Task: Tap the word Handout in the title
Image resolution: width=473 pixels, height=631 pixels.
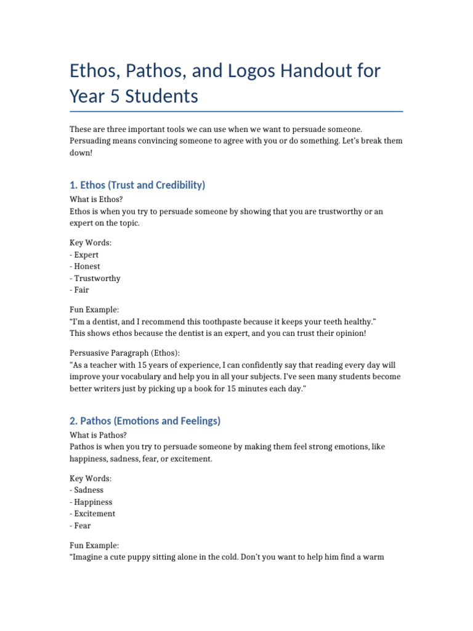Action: click(x=329, y=71)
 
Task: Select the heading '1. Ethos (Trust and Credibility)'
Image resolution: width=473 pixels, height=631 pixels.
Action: click(x=137, y=185)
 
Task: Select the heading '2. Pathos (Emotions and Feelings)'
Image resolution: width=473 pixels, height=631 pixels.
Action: click(x=145, y=421)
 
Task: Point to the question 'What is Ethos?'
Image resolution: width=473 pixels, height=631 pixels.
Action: click(x=96, y=200)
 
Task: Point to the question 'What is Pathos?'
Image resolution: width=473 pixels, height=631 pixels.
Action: click(x=99, y=435)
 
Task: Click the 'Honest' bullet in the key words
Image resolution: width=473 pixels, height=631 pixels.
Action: click(x=87, y=266)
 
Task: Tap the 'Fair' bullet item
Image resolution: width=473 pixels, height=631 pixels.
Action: click(x=81, y=290)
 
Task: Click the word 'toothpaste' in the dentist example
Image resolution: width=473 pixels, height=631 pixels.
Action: click(x=227, y=322)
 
